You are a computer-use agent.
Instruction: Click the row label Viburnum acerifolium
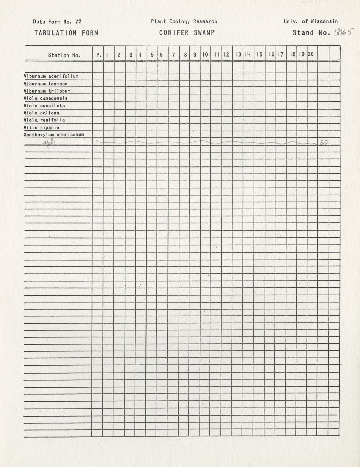pos(51,76)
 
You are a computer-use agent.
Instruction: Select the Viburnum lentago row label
pos(46,84)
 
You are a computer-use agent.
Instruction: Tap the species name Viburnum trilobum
pos(47,91)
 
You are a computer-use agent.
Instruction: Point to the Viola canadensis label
pos(46,98)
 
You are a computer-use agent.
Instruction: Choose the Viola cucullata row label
pos(44,106)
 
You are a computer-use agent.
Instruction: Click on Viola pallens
pos(42,113)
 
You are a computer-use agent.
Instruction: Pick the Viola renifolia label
pos(44,120)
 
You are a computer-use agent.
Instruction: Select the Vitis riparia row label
pos(42,128)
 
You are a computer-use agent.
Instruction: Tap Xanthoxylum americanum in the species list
pos(54,135)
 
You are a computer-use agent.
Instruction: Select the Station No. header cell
pos(64,55)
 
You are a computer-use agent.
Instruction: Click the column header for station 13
pos(238,54)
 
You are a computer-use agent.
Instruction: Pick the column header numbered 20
pos(311,54)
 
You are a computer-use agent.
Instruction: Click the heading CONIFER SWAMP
pos(187,33)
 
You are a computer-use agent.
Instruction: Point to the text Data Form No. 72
pos(57,22)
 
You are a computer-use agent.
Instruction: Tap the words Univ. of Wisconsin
pos(311,21)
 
